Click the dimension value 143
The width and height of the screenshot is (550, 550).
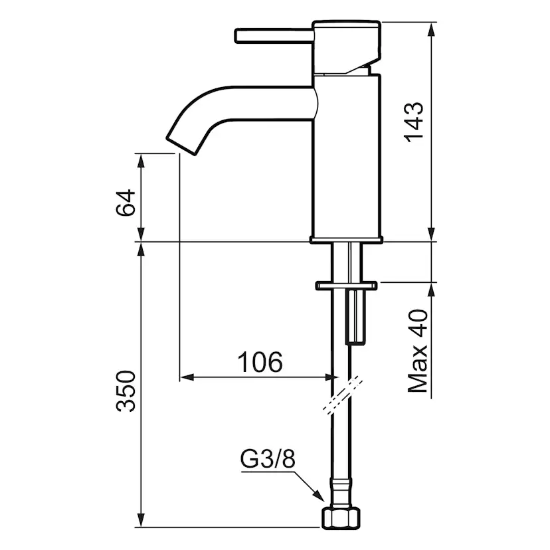(414, 122)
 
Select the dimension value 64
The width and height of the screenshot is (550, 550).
(126, 203)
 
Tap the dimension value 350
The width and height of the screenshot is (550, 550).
(126, 391)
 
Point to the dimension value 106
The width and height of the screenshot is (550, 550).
(260, 362)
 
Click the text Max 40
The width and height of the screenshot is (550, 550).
(417, 351)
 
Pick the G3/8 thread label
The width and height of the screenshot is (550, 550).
(268, 459)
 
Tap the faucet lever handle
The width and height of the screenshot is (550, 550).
(274, 37)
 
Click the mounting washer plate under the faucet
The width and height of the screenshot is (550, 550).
(347, 285)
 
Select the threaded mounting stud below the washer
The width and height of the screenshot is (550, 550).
(355, 317)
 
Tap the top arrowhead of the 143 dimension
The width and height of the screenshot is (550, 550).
(432, 29)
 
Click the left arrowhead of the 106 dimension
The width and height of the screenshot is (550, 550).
(187, 377)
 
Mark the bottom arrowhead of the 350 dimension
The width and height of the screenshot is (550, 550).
(141, 520)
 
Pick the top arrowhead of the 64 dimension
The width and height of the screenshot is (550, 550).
(141, 161)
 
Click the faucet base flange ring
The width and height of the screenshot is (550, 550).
(346, 240)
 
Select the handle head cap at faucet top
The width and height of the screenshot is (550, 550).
(347, 47)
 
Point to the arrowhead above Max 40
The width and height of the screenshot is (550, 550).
(432, 290)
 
